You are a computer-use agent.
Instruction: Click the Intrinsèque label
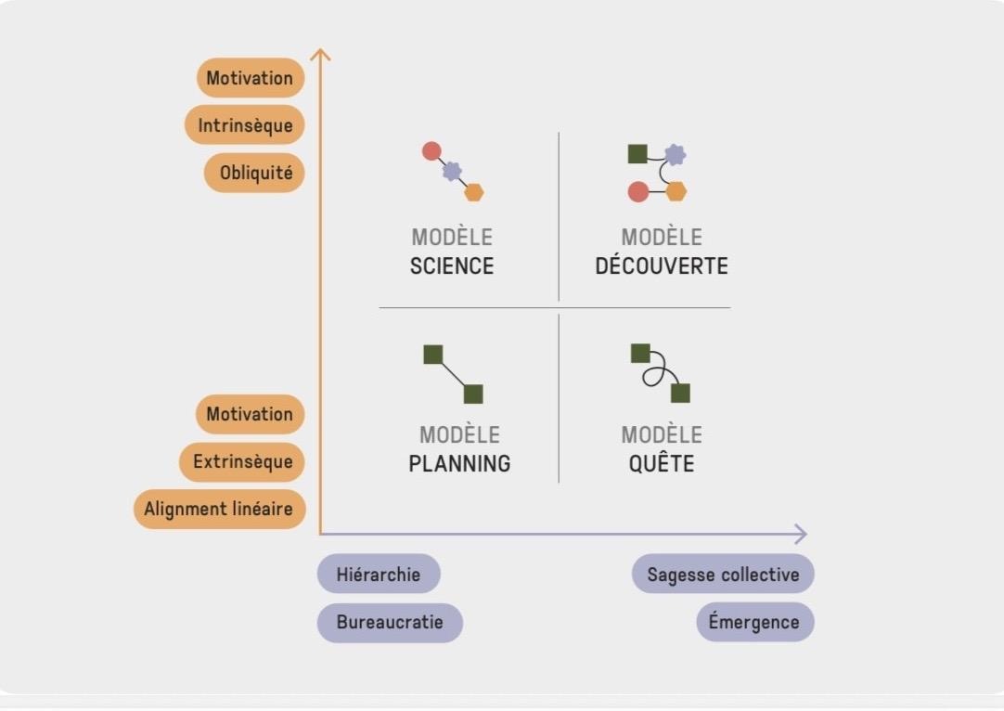click(245, 125)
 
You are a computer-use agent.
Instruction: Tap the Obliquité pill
click(255, 173)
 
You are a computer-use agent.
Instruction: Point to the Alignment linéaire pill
click(219, 509)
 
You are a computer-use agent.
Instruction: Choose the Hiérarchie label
click(379, 574)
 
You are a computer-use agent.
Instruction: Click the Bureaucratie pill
click(390, 622)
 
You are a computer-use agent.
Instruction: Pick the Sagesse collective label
click(723, 574)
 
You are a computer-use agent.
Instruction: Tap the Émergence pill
click(754, 622)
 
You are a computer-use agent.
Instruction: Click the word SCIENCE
click(452, 266)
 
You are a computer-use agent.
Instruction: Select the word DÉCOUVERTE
click(662, 266)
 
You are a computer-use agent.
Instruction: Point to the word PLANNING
click(459, 463)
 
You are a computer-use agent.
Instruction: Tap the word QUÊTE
click(662, 463)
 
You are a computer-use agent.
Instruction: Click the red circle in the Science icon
click(431, 150)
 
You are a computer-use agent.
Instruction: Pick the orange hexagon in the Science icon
click(474, 192)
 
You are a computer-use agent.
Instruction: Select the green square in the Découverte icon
click(637, 154)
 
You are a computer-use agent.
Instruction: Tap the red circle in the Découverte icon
click(637, 192)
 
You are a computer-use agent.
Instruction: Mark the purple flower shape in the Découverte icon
click(676, 154)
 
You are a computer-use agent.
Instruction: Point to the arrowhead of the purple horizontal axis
click(800, 534)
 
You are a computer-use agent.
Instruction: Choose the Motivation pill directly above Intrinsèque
click(250, 78)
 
